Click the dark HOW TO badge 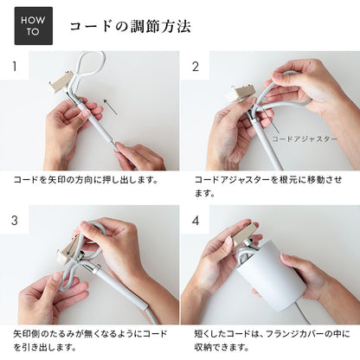[x=33, y=26]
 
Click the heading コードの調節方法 [x=129, y=26]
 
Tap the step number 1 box [x=14, y=66]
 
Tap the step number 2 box [x=195, y=66]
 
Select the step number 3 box [x=14, y=220]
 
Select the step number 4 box [x=195, y=220]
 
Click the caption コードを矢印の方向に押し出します [x=85, y=180]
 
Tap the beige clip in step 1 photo [x=61, y=83]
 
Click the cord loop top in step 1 [x=91, y=61]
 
